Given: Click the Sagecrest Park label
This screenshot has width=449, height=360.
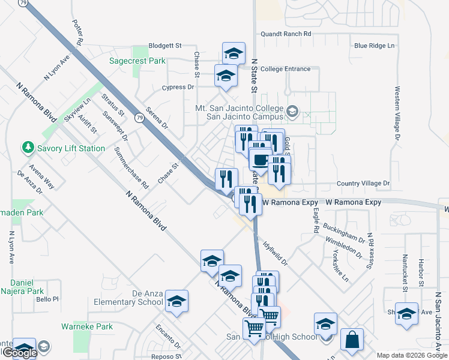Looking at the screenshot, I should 137,61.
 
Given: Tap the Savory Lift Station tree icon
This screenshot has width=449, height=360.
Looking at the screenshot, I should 27,148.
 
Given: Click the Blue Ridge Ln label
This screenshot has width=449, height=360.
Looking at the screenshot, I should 375,46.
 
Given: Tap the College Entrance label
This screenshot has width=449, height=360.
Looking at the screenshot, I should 285,69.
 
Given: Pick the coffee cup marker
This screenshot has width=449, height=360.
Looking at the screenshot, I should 259,160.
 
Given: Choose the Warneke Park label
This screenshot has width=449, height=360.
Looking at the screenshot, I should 87,327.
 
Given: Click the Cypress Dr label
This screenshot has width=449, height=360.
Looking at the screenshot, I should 178,87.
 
